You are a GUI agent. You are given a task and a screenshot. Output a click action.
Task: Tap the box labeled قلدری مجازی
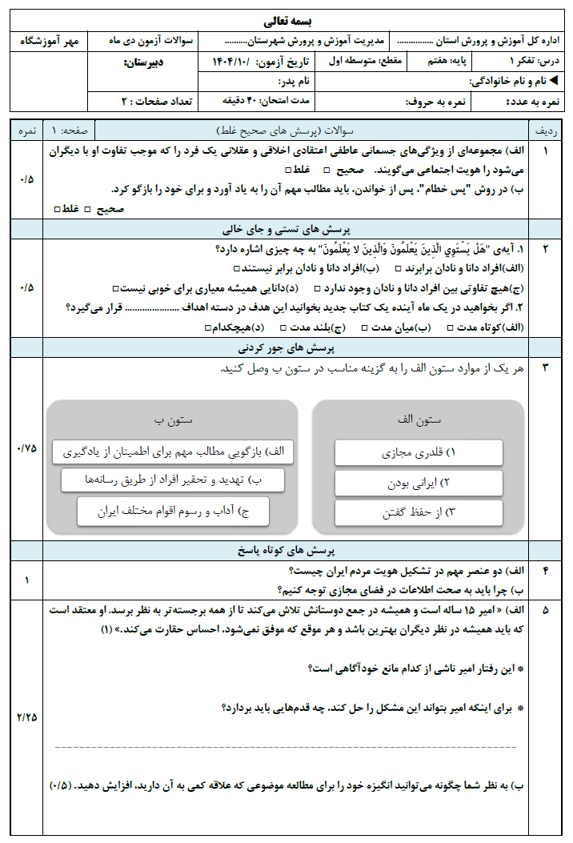[419, 452]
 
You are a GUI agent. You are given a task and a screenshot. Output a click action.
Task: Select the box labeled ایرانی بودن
[419, 482]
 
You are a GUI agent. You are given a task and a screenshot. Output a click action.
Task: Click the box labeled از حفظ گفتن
[419, 512]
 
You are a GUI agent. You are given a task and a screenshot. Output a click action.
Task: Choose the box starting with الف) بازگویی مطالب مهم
[173, 452]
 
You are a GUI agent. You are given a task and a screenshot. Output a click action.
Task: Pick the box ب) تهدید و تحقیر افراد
[173, 480]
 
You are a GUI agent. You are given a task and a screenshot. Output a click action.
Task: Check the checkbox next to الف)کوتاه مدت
[451, 327]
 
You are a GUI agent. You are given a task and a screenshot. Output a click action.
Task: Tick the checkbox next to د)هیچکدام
[208, 327]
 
